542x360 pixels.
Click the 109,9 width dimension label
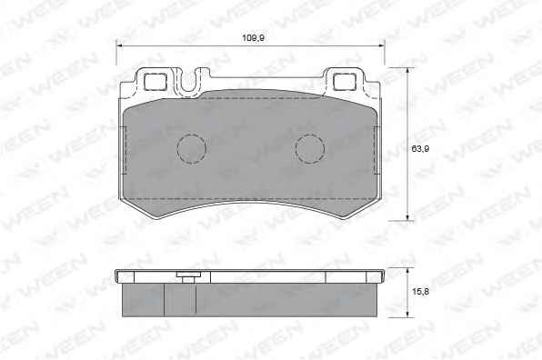[253, 37]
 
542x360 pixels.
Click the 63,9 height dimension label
[420, 149]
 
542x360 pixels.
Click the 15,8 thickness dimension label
[420, 292]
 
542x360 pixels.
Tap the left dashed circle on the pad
[191, 149]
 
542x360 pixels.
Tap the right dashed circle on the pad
[310, 149]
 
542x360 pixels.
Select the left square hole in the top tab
[155, 82]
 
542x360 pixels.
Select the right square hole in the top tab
[345, 82]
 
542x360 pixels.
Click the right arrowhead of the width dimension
[381, 45]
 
